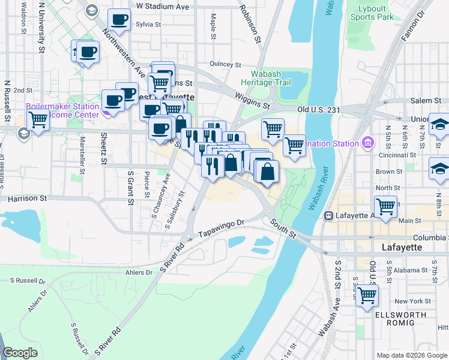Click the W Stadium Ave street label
(162, 7)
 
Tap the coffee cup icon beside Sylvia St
(119, 20)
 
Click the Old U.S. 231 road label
(319, 110)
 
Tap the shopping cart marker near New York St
(367, 295)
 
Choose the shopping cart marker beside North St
(386, 206)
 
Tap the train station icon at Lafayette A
(328, 216)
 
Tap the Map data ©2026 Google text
(411, 355)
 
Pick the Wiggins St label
(252, 100)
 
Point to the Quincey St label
(225, 65)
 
